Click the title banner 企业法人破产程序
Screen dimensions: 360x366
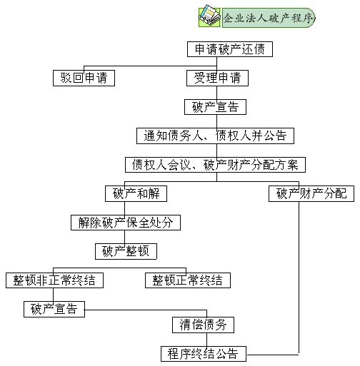tap(269, 18)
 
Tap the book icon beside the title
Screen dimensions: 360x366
tap(209, 16)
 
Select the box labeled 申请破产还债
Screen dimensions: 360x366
tap(230, 49)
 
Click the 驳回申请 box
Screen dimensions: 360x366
tap(84, 78)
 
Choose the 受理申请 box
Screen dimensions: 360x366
tap(217, 78)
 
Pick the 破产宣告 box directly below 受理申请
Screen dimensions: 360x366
tap(215, 107)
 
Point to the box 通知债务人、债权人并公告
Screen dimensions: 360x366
tap(215, 136)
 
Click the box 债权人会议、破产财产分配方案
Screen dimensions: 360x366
tap(215, 165)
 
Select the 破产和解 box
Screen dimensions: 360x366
tap(136, 193)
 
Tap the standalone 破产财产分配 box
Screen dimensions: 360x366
tap(311, 193)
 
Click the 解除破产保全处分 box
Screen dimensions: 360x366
tap(126, 223)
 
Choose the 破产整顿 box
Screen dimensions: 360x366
tap(126, 251)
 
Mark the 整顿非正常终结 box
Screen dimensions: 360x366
tap(54, 280)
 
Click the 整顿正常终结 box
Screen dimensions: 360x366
tap(188, 280)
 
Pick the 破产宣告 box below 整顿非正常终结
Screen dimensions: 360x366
tap(54, 309)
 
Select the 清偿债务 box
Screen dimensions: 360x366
tap(203, 325)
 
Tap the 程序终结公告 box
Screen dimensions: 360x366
tap(204, 354)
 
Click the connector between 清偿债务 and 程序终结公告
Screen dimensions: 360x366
tap(206, 340)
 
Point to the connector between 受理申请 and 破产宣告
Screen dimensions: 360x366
tap(216, 93)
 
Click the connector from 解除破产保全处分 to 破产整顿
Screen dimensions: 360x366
tap(124, 237)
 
